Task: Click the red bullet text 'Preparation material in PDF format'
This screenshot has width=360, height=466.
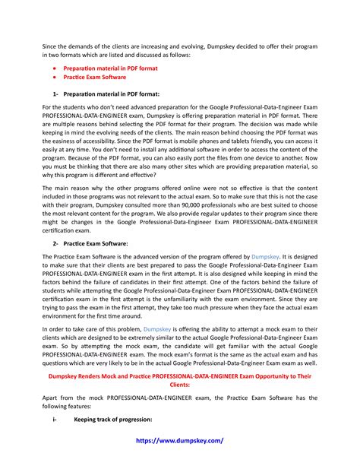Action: (106, 68)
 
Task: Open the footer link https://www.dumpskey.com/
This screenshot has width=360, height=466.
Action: (179, 440)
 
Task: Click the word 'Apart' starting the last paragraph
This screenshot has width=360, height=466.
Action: (51, 398)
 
